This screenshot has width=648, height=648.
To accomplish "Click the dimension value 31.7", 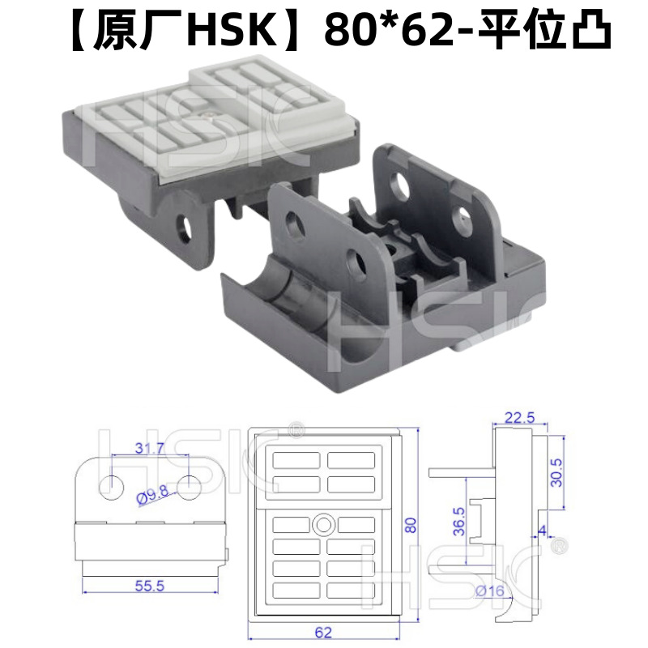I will (148, 446).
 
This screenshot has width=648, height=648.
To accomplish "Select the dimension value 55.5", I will (148, 586).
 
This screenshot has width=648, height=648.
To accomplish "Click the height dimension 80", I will (411, 525).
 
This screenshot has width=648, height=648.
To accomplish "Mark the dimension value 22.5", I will (519, 418).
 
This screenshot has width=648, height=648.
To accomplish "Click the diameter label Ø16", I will (490, 592).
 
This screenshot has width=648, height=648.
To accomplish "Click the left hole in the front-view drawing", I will (111, 485).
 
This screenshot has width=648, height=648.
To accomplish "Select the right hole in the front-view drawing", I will (189, 485).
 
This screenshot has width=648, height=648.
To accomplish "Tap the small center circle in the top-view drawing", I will (324, 524).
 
